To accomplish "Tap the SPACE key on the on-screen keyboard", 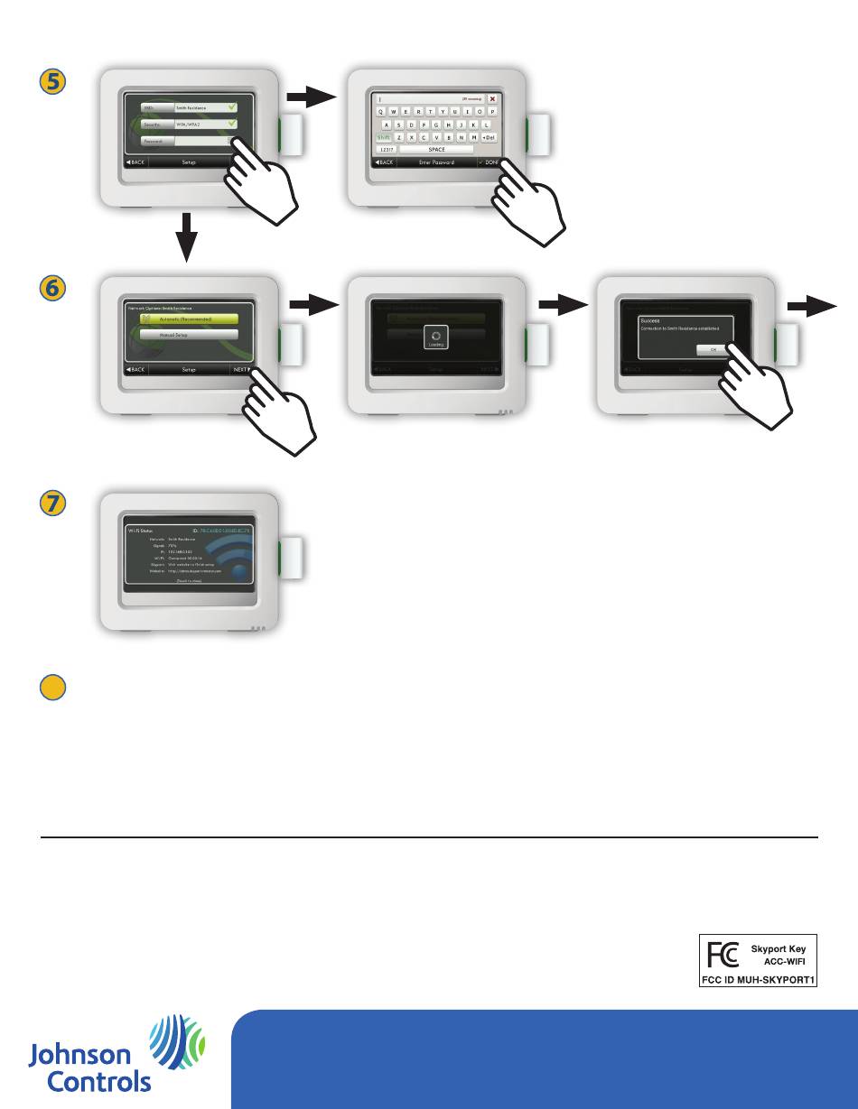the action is (436, 149).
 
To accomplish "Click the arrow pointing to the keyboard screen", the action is (311, 97).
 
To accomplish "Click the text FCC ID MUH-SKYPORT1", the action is (760, 977).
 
